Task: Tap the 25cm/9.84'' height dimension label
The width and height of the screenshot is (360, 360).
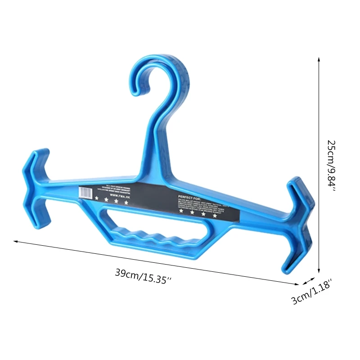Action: [x=332, y=166]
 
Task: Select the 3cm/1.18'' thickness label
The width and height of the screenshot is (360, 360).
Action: [x=312, y=292]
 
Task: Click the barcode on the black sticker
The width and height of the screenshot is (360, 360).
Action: [x=85, y=192]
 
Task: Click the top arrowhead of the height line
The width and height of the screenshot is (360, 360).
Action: [x=319, y=59]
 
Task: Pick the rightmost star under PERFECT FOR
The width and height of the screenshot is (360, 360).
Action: [x=215, y=216]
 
